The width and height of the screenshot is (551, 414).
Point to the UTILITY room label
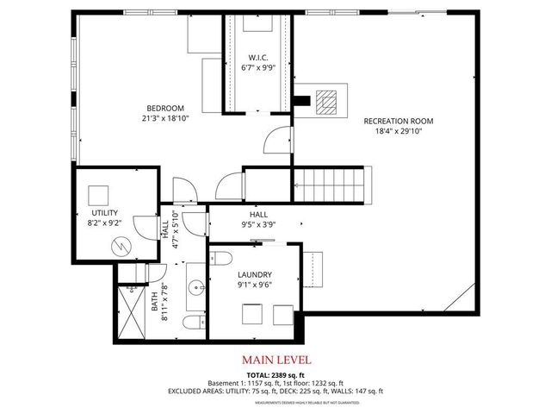click(104, 212)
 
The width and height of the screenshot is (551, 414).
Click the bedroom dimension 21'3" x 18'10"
click(166, 118)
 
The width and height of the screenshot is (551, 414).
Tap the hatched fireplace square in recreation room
click(325, 103)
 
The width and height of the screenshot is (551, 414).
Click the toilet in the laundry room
click(220, 260)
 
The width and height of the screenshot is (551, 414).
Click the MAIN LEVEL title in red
click(275, 359)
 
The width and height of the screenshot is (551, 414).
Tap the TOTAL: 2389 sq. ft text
click(275, 374)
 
